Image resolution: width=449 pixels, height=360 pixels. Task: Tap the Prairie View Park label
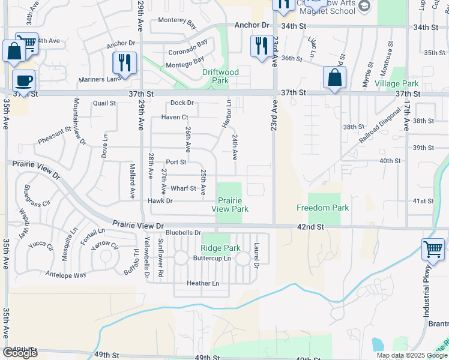pyautogui.click(x=230, y=205)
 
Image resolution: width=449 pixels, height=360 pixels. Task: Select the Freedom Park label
pyautogui.click(x=322, y=208)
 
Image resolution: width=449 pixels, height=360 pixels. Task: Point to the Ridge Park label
pyautogui.click(x=220, y=248)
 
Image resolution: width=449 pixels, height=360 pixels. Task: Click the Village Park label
pyautogui.click(x=397, y=84)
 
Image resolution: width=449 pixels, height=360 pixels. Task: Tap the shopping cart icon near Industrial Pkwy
pyautogui.click(x=433, y=250)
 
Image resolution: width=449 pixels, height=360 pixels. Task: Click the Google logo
pyautogui.click(x=20, y=353)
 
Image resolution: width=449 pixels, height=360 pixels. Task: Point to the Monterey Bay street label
pyautogui.click(x=177, y=23)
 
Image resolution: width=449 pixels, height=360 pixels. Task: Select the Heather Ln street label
pyautogui.click(x=203, y=283)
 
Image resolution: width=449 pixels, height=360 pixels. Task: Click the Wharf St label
pyautogui.click(x=183, y=188)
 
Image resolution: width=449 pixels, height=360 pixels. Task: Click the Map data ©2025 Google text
pyautogui.click(x=411, y=355)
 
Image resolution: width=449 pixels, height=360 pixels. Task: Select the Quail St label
pyautogui.click(x=104, y=103)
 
